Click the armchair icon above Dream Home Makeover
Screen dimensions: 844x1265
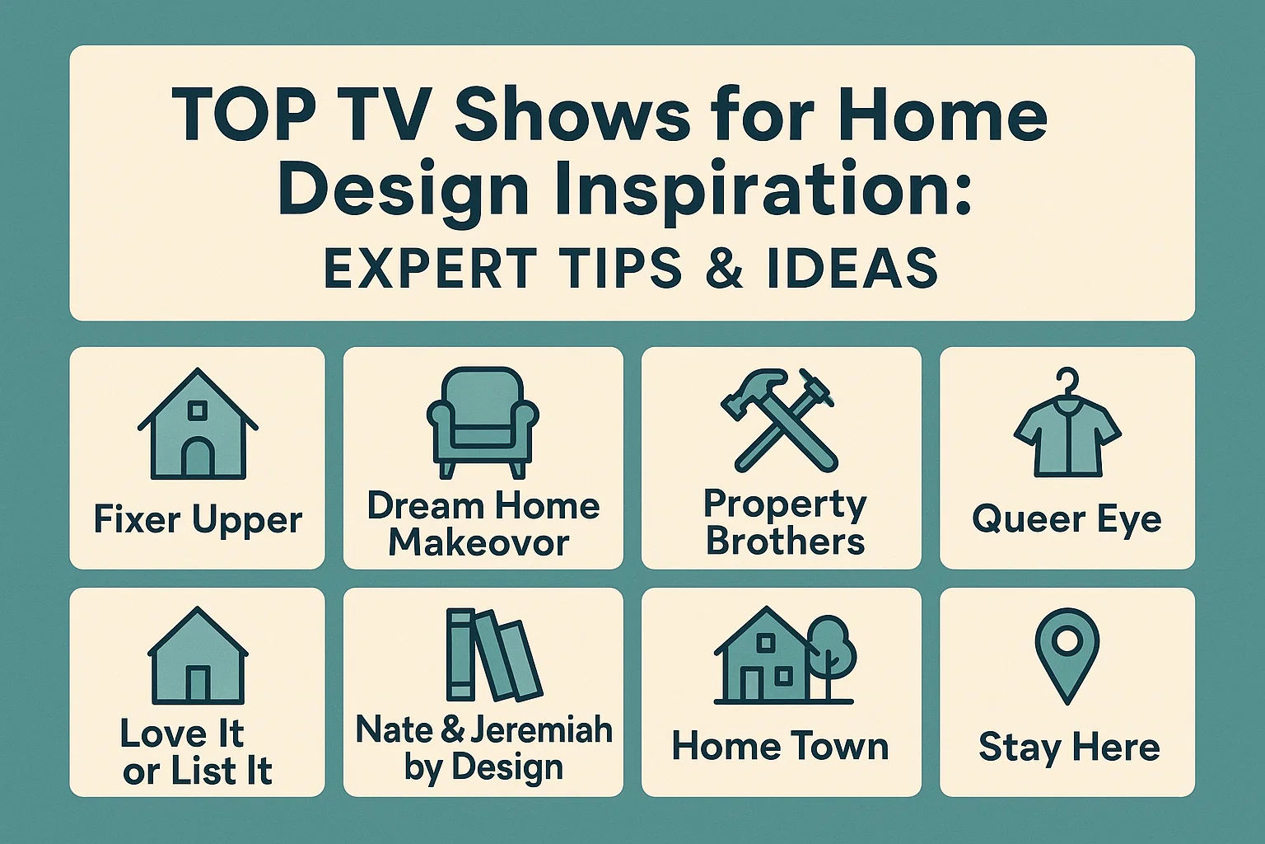tap(483, 422)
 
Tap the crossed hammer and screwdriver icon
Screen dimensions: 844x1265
tap(779, 420)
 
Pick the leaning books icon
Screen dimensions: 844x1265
tap(492, 655)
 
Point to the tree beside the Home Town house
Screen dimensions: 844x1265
tap(832, 647)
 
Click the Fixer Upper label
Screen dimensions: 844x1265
tap(198, 520)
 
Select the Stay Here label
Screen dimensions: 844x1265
tap(1068, 748)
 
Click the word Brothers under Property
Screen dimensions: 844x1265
tap(785, 542)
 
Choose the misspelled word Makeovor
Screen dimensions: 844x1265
tap(478, 542)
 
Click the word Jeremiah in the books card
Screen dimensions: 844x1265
tap(540, 729)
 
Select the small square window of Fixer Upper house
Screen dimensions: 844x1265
tap(198, 410)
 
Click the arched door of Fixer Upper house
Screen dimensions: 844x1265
tap(198, 457)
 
